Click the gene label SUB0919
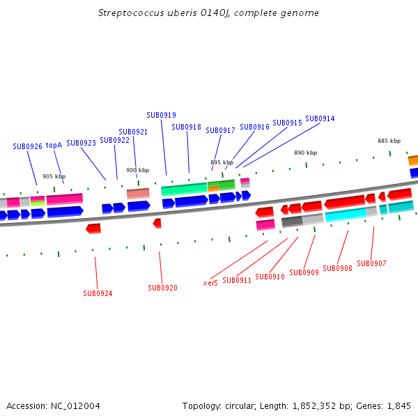click(161, 115)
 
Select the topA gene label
click(54, 145)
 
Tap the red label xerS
click(210, 283)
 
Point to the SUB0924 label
click(98, 293)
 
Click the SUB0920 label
click(162, 288)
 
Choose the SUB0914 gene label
click(320, 118)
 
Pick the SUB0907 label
click(371, 263)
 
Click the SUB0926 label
click(27, 146)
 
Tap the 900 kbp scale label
click(137, 170)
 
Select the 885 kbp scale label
click(389, 141)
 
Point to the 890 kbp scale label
click(305, 153)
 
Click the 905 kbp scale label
click(54, 176)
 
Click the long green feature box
click(184, 189)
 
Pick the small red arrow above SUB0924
click(93, 228)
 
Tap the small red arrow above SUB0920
click(157, 223)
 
